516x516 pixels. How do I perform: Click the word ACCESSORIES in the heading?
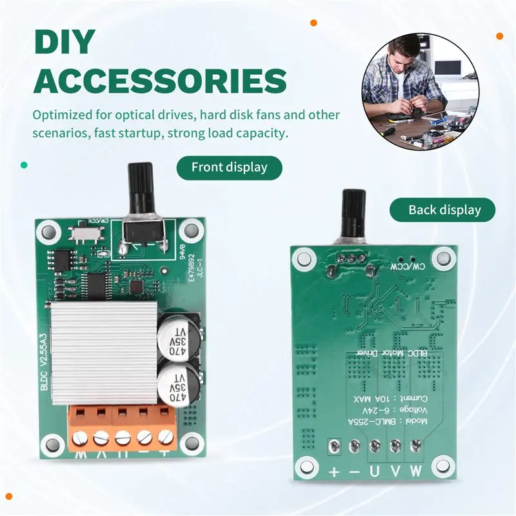tap(160, 83)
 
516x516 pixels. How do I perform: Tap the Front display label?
tap(229, 167)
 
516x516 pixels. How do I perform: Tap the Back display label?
tap(444, 210)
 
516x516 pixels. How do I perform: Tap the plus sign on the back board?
tap(334, 471)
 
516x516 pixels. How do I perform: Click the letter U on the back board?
tap(375, 471)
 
